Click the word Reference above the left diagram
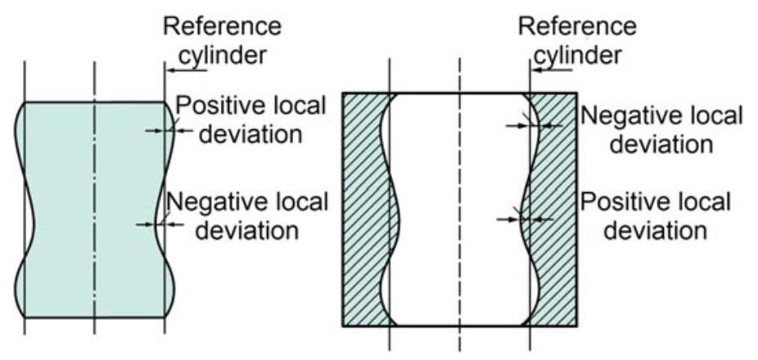tap(223, 25)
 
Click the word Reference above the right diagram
tap(578, 25)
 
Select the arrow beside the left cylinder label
tap(182, 72)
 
